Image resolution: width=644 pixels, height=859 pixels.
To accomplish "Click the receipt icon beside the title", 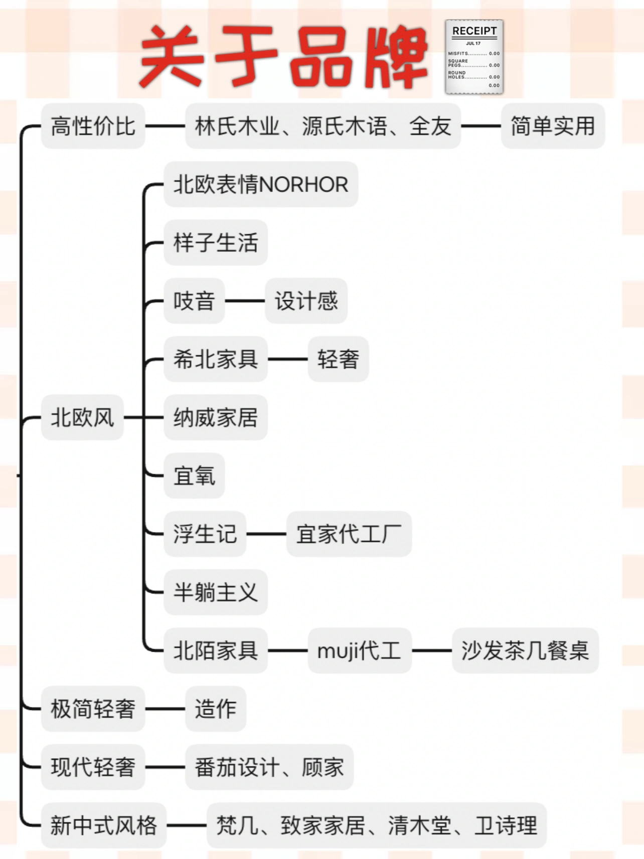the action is tap(474, 57).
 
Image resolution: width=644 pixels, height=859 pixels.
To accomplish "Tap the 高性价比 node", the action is tap(93, 126).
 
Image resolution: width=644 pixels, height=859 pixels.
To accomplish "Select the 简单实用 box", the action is tap(553, 126).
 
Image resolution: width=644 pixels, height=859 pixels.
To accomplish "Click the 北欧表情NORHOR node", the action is tap(261, 184).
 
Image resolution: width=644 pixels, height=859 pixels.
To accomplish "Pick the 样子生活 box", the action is tap(216, 242).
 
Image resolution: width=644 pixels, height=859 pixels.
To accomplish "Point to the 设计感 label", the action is tap(306, 301).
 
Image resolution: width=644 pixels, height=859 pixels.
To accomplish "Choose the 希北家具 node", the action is tap(216, 359).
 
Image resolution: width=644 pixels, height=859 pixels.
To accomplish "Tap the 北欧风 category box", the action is tap(82, 417).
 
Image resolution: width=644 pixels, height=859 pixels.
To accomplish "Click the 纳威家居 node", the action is tap(216, 417).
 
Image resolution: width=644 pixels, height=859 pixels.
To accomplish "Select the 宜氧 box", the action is tap(194, 475).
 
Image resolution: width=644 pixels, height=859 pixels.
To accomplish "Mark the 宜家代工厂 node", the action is tap(349, 533).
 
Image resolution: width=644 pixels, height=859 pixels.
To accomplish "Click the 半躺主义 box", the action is tap(216, 592).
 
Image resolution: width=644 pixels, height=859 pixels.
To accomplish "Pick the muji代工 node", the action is tap(360, 650).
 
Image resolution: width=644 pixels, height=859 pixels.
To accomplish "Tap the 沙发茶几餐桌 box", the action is tap(525, 650).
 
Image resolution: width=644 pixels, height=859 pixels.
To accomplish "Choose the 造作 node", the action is tap(216, 708).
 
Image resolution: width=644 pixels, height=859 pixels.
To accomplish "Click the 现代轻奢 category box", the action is tap(93, 767).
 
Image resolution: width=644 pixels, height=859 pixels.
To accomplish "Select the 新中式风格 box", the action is tap(103, 825).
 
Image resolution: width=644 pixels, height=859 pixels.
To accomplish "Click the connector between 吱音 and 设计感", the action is tap(245, 301).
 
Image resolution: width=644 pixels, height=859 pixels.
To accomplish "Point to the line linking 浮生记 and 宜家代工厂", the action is tap(266, 534).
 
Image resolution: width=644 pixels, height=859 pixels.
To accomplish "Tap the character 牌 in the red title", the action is tap(395, 58).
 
